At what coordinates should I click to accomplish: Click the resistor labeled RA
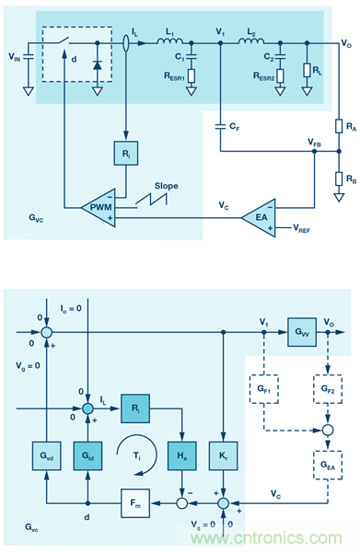[338, 126]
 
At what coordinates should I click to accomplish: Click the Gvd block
[40, 456]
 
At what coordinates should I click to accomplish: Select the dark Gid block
[87, 456]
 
